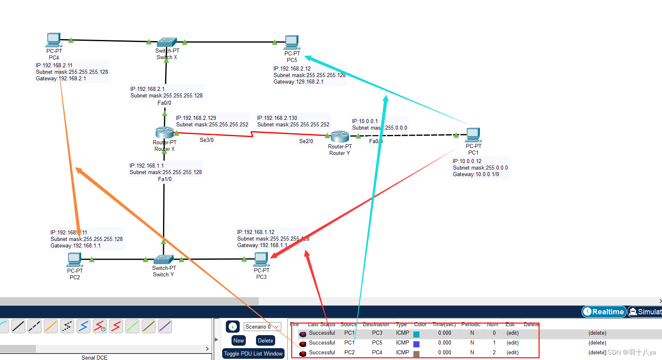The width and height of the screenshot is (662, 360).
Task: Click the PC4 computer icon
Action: point(53,40)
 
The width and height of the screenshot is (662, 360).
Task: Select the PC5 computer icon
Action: point(292,42)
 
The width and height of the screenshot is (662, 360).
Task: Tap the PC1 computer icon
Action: point(473,135)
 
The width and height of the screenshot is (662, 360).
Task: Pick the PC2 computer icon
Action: point(75,259)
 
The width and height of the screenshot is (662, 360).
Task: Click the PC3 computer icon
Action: point(261,259)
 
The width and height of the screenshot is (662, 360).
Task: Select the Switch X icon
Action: point(166,42)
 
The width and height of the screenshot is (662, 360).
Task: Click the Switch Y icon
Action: point(163,259)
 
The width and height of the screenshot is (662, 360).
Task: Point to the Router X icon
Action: point(165,132)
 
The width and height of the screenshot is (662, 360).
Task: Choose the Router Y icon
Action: point(340,136)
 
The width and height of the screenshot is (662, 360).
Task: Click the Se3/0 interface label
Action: point(207,140)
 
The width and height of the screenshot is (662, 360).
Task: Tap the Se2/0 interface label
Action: point(306,141)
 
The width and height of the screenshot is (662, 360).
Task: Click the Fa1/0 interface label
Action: point(165,179)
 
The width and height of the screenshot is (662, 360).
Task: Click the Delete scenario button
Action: point(265,340)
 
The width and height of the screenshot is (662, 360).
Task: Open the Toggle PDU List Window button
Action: point(253,353)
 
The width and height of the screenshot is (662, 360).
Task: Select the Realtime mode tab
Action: point(604,311)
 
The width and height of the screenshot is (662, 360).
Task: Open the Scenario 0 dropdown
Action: point(263,327)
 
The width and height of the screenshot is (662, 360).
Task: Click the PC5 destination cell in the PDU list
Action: point(377,342)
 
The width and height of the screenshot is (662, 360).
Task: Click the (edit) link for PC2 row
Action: point(512,352)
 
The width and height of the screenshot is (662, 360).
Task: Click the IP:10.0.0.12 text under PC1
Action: point(467,161)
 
